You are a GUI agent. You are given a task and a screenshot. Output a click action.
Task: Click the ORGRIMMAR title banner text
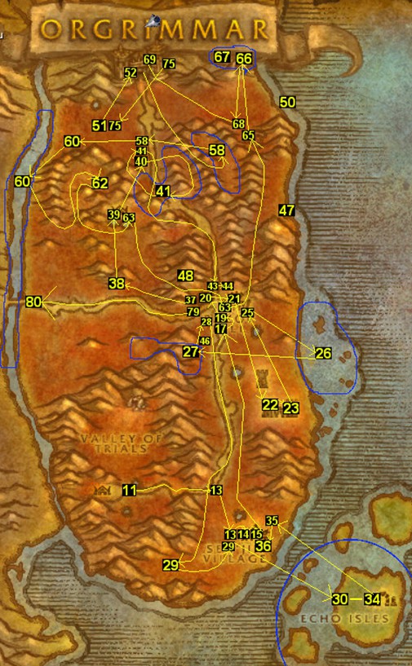pos(155,30)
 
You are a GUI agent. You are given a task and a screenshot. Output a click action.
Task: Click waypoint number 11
pos(129,490)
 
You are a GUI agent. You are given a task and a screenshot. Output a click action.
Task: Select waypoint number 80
pos(33,302)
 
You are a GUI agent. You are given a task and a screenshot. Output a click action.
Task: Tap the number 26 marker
pos(323,353)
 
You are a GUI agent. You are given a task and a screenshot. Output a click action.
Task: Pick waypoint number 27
pos(190,352)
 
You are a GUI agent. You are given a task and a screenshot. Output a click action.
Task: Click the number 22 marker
pos(269,405)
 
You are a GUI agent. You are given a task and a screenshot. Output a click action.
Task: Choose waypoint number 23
pos(291,408)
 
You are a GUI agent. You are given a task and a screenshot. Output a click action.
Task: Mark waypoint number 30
pos(340,599)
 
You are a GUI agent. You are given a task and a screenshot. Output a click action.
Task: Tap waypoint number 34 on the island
pos(373,599)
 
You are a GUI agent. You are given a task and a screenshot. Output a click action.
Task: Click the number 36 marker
pos(263,545)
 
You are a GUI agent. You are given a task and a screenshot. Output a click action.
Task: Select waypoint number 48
pos(186,276)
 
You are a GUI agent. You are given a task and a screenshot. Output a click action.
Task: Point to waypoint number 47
pos(286,210)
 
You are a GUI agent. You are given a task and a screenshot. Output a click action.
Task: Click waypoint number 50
pos(287,103)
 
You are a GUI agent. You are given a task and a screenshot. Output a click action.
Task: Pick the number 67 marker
pos(222,57)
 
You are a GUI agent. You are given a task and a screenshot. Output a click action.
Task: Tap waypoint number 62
pos(100,183)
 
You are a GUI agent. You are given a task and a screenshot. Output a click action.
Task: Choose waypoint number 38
pos(117,284)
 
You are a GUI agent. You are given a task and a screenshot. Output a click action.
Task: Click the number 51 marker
pos(100,126)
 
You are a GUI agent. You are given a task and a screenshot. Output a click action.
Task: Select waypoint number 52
pos(131,73)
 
